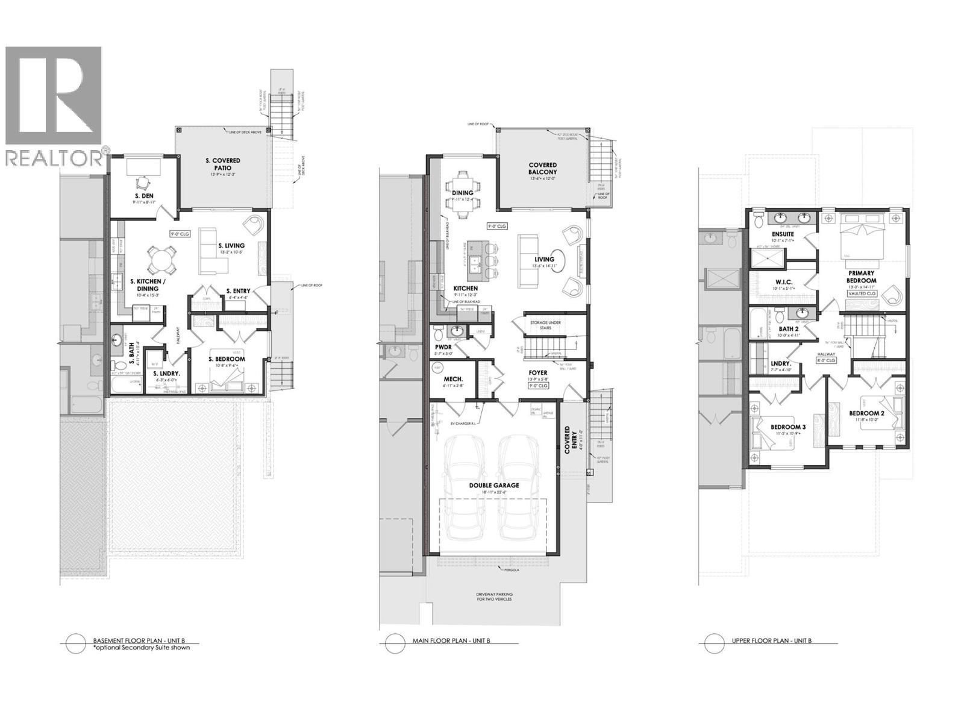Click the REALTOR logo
click(x=54, y=105)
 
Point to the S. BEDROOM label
click(x=227, y=359)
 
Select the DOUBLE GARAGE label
click(x=494, y=485)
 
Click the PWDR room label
click(x=443, y=348)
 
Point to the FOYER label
click(x=538, y=373)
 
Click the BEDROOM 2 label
click(x=866, y=413)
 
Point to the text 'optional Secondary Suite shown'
click(x=142, y=648)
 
